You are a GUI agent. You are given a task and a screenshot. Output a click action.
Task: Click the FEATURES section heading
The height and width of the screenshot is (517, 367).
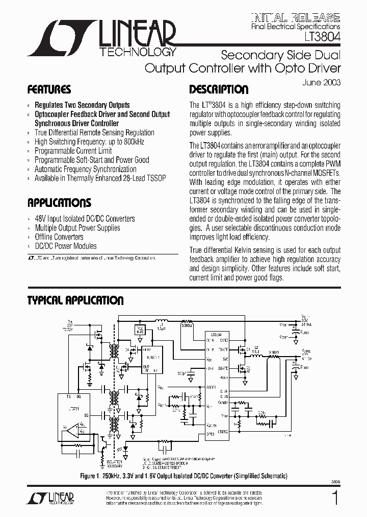[x=49, y=90]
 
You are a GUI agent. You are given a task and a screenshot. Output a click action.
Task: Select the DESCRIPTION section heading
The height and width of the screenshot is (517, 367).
[x=219, y=90]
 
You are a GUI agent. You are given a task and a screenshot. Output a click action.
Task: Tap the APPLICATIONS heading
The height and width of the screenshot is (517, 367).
[x=59, y=203]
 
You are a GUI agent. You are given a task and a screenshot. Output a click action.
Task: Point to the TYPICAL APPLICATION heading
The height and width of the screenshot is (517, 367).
[x=75, y=300]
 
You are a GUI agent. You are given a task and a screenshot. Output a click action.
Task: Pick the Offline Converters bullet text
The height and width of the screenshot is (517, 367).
[x=59, y=237]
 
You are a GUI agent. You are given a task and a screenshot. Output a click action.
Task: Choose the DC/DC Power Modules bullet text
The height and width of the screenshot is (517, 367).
[x=65, y=246]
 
